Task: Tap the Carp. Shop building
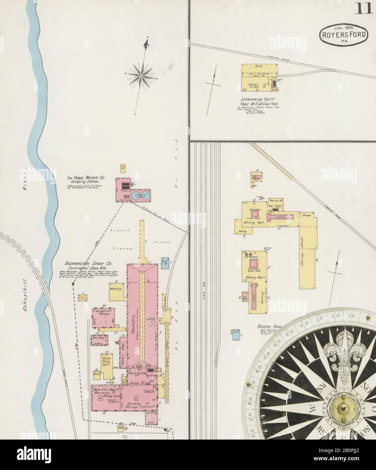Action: [x=99, y=339]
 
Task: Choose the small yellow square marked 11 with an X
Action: [x=82, y=298]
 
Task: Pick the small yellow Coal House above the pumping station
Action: [x=123, y=168]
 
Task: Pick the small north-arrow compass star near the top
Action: [x=141, y=77]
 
